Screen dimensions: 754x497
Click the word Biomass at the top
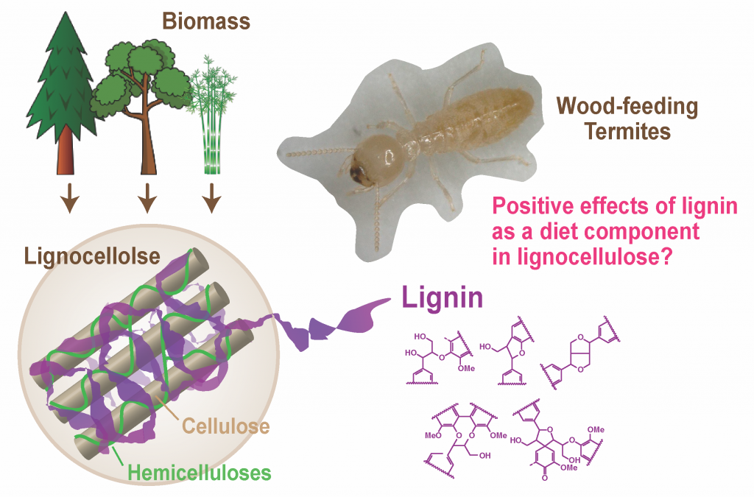(x=206, y=21)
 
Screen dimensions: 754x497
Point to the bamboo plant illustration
(x=211, y=116)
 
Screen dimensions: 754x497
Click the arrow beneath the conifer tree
(x=70, y=197)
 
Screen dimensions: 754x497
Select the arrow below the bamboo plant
(x=211, y=197)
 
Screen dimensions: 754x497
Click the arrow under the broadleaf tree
(x=147, y=197)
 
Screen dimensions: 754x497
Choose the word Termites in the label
(x=627, y=131)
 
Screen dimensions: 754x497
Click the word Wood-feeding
(x=627, y=106)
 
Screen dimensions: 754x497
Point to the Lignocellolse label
(x=92, y=256)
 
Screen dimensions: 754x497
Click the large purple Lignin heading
(x=443, y=297)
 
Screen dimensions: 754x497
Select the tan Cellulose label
(x=225, y=426)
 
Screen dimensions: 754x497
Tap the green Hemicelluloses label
(x=200, y=473)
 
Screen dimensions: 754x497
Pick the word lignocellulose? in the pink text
(x=582, y=257)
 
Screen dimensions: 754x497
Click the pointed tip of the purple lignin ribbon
(x=390, y=300)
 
